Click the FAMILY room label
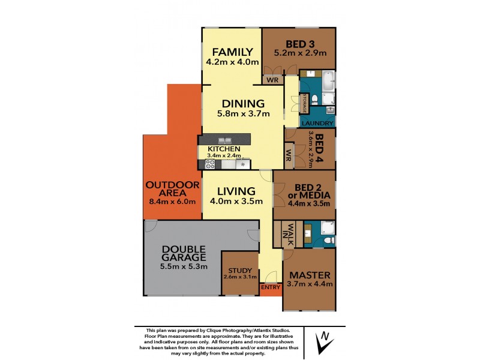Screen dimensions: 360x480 [x=231, y=51]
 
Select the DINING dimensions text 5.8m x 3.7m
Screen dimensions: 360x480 [x=243, y=113]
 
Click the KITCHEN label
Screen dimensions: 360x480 [x=224, y=149]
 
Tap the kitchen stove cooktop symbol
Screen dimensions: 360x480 [x=211, y=163]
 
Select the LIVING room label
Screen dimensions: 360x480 [x=236, y=191]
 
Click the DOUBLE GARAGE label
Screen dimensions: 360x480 [x=182, y=254]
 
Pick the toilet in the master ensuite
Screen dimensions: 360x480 [x=328, y=241]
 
